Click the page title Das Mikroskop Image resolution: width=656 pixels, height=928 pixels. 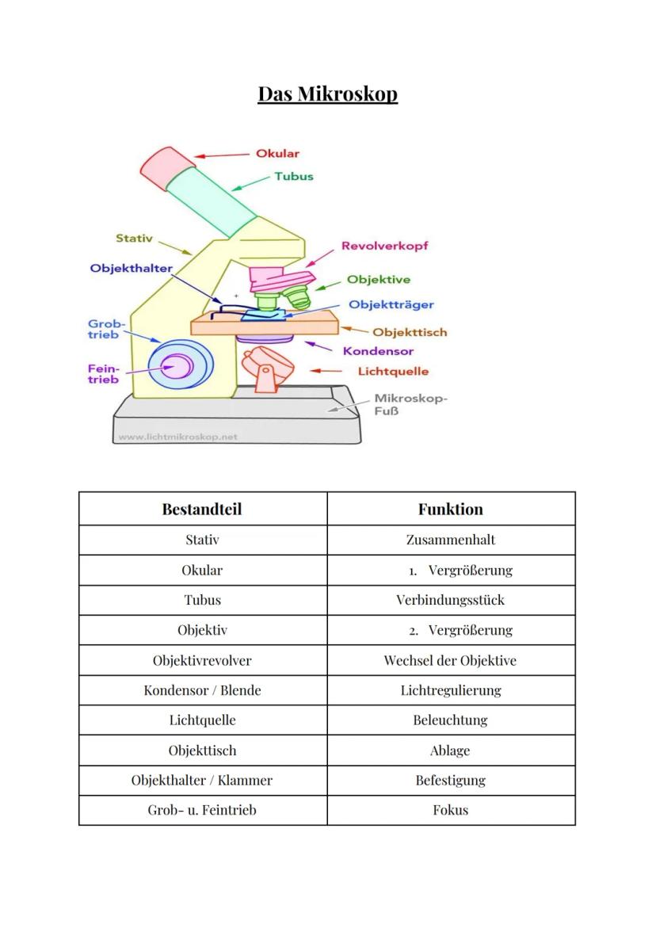tap(327, 94)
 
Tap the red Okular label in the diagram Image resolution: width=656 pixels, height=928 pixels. tap(277, 154)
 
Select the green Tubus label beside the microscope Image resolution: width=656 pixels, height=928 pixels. tap(293, 176)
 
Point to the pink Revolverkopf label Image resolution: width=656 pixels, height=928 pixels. tap(384, 246)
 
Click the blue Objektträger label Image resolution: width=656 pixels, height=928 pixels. tap(391, 304)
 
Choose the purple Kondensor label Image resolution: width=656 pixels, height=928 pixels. tap(378, 351)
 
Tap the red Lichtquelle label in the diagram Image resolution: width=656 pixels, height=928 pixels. tap(393, 371)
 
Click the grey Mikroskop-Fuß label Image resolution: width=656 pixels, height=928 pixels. tap(410, 405)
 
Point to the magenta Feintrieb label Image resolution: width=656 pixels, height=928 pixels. tap(103, 374)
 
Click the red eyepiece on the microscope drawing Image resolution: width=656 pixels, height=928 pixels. tap(168, 167)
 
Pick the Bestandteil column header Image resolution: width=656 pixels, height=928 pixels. tap(202, 509)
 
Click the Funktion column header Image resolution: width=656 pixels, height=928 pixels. tap(450, 509)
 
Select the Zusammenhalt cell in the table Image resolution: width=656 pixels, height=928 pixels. tap(450, 540)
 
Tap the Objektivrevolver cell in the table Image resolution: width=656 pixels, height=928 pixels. tap(202, 660)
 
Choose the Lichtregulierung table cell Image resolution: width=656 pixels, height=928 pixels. tap(450, 690)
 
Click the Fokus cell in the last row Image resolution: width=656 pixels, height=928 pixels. tap(450, 810)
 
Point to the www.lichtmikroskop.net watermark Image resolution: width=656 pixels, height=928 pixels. tap(177, 436)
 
